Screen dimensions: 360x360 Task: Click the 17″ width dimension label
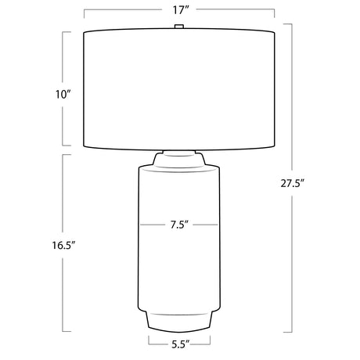pyautogui.click(x=180, y=10)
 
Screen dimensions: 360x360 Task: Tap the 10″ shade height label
pyautogui.click(x=63, y=95)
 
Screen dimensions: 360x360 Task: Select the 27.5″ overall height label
pyautogui.click(x=293, y=184)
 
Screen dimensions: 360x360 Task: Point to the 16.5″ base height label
pyautogui.click(x=63, y=245)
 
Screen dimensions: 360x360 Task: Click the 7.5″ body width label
pyautogui.click(x=179, y=225)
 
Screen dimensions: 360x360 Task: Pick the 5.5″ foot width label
pyautogui.click(x=180, y=344)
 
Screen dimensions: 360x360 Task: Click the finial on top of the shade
pyautogui.click(x=179, y=27)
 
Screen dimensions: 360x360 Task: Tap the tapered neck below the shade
pyautogui.click(x=179, y=160)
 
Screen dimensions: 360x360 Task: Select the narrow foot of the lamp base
pyautogui.click(x=179, y=322)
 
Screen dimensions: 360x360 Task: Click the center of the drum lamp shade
pyautogui.click(x=179, y=89)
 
